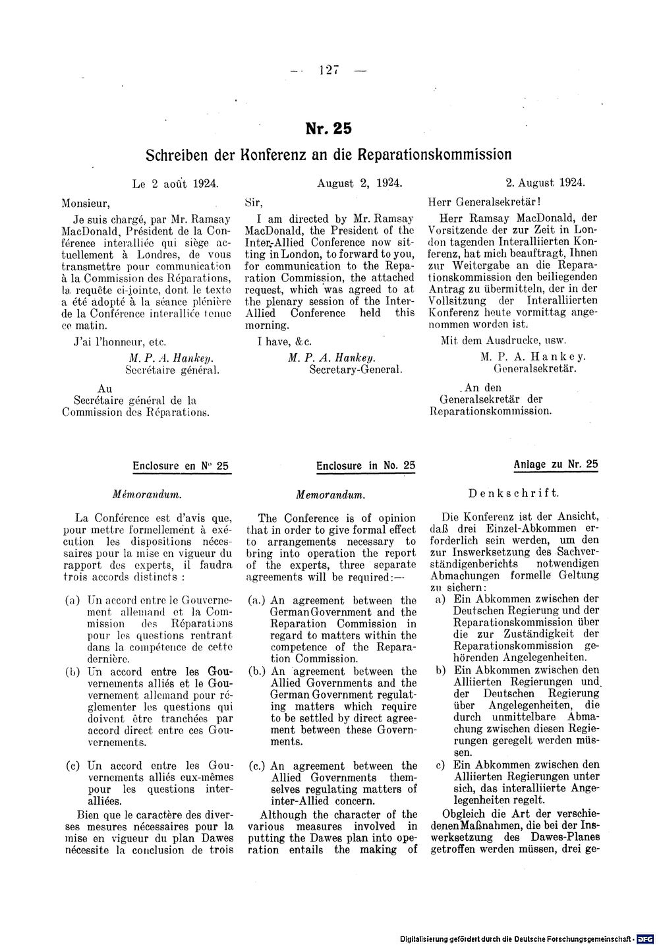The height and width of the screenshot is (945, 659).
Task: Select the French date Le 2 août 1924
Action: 175,184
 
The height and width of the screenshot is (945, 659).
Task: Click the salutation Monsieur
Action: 86,202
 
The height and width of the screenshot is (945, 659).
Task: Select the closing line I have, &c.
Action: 283,341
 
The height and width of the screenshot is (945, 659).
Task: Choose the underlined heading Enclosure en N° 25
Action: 180,466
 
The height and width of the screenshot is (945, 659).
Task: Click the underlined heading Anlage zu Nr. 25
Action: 556,465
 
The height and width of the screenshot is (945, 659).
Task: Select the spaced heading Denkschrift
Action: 513,493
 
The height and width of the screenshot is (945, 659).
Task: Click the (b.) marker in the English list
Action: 257,672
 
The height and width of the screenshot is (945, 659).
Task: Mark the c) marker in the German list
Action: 441,765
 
